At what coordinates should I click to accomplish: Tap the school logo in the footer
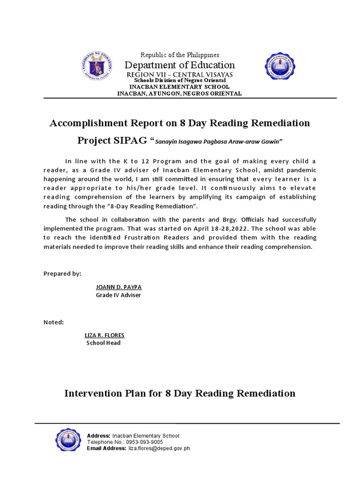point(70,442)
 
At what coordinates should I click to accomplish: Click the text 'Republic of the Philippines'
point(180,55)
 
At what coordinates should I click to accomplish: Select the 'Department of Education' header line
point(180,65)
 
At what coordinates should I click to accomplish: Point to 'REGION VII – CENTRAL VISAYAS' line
point(180,75)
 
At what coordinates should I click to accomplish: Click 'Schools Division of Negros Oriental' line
point(180,81)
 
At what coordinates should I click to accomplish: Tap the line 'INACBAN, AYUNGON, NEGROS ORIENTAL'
point(180,93)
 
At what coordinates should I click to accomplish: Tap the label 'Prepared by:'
point(62,273)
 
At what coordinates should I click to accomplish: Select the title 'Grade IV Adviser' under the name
point(118,295)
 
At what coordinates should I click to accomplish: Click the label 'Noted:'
point(53,322)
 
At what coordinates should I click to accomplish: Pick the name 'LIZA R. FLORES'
point(105,335)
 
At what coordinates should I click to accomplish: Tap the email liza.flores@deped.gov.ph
point(159,448)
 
